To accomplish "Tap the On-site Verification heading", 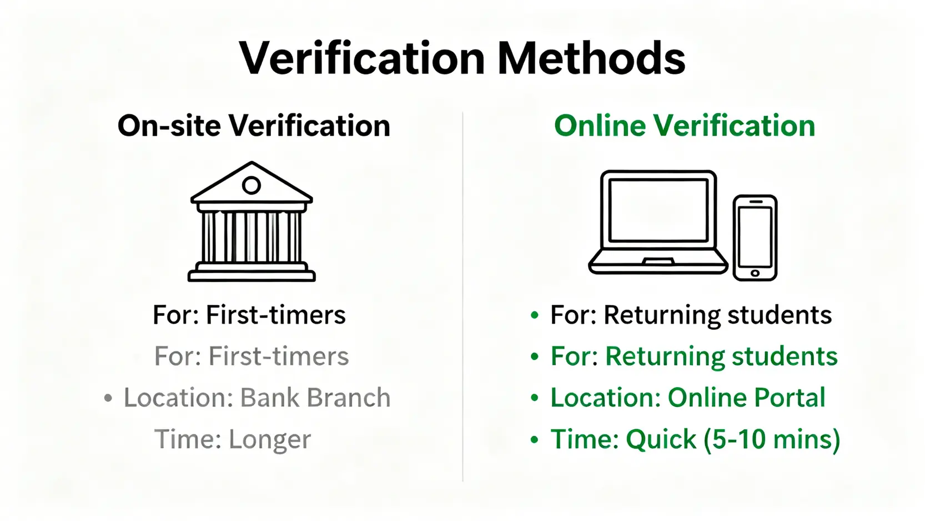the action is pos(254,126).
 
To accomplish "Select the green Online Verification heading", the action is pos(685,126).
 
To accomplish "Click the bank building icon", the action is pos(252,222).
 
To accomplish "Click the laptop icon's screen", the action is pos(658,210).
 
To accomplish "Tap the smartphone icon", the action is pos(755,238).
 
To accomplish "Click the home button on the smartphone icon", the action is pos(755,274).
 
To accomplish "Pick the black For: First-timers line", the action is pos(249,315).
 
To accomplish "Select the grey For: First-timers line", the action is pos(252,356).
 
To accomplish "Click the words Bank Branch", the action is pos(315,398).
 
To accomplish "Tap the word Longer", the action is pos(270,440).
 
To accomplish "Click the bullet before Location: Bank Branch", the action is pos(108,398).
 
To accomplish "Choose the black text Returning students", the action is pos(718,315).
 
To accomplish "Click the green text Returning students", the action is pos(721,357).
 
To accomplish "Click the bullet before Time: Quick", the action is pos(535,440).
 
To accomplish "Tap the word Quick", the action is pos(661,439).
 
